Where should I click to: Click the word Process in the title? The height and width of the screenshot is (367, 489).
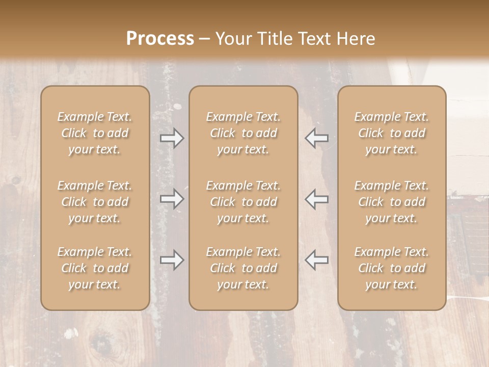160,39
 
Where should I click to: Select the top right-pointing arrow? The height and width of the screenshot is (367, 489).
172,138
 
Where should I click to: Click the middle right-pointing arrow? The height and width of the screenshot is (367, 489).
172,199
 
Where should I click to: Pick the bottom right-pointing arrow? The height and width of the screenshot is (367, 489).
172,260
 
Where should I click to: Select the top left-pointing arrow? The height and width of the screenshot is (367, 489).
316,138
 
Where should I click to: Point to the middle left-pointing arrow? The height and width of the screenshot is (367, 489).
316,199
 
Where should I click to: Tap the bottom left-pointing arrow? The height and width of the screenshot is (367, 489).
316,260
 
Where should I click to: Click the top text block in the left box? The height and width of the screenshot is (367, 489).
95,133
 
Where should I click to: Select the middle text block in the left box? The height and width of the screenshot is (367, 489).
95,202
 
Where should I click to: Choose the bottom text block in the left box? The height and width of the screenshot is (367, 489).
95,268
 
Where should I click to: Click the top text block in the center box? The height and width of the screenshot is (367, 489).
243,133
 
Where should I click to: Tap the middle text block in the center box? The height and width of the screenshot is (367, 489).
243,202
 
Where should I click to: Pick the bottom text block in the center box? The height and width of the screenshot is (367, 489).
243,268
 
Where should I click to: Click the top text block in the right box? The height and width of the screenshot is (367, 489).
391,133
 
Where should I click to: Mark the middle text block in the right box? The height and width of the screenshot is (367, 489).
391,202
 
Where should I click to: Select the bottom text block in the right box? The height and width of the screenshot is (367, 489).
391,268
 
